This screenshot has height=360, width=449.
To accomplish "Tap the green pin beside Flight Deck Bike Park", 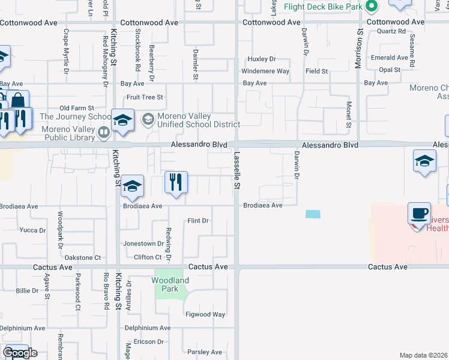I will click(372, 7).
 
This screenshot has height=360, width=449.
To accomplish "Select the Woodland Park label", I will click(170, 284).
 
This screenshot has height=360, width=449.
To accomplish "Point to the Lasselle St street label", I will click(237, 171).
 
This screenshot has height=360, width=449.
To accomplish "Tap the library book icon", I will click(104, 131).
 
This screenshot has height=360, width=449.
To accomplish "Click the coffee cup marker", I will click(419, 214).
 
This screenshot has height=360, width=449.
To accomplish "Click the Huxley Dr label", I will click(262, 59).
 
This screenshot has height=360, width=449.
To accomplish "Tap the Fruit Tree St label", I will click(144, 97).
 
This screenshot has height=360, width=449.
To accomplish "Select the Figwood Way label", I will click(205, 314).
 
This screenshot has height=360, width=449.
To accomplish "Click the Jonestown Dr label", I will click(143, 244).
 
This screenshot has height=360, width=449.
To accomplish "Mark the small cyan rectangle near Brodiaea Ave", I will click(313, 214).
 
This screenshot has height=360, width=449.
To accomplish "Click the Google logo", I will click(19, 353).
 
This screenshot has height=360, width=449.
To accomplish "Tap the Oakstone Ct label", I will click(82, 257).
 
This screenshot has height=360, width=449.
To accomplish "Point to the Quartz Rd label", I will click(393, 31).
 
